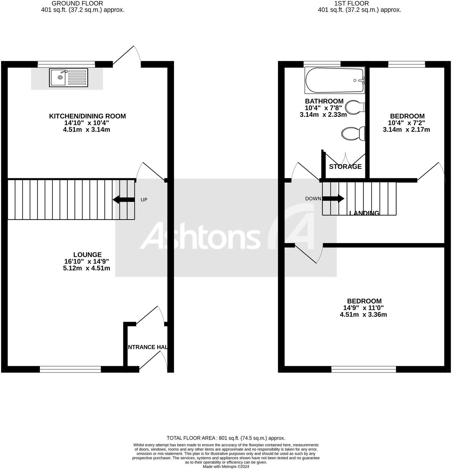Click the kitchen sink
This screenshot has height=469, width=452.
pyautogui.click(x=68, y=77)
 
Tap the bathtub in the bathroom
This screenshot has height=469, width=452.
pyautogui.click(x=335, y=80)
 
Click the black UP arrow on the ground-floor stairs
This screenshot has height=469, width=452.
pyautogui.click(x=124, y=199)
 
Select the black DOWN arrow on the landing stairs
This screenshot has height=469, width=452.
pyautogui.click(x=333, y=198)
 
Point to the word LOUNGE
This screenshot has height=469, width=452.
pyautogui.click(x=87, y=254)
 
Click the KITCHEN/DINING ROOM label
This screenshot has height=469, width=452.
pyautogui.click(x=87, y=116)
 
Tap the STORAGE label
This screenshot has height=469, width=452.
pyautogui.click(x=345, y=167)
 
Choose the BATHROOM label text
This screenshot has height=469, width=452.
pyautogui.click(x=324, y=101)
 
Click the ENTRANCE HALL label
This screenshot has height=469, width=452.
pyautogui.click(x=147, y=347)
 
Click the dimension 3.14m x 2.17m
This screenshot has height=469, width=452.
pyautogui.click(x=406, y=129)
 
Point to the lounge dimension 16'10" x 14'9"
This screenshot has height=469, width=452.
pyautogui.click(x=86, y=261)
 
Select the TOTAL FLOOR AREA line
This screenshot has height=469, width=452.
pyautogui.click(x=226, y=438)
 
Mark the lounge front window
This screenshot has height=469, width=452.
pyautogui.click(x=70, y=369)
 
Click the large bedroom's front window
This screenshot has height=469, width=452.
pyautogui.click(x=363, y=369)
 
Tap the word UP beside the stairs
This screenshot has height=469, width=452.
pyautogui.click(x=144, y=200)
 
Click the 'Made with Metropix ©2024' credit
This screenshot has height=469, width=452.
pyautogui.click(x=226, y=467)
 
